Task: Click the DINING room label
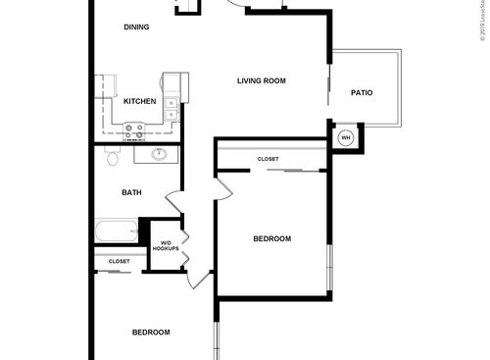(x=137, y=27)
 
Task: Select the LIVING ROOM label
(x=262, y=80)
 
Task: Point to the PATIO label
(x=362, y=93)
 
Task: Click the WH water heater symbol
(x=345, y=138)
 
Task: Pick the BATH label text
(x=131, y=192)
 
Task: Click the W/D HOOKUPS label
(x=165, y=246)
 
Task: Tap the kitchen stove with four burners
(x=134, y=128)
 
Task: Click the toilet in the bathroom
(x=112, y=157)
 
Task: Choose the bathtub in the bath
(x=118, y=234)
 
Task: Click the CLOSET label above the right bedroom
(x=268, y=159)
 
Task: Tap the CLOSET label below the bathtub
(x=119, y=261)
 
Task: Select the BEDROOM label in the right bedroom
(x=271, y=238)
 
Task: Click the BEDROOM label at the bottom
(x=151, y=332)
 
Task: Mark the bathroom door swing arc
(x=174, y=203)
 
